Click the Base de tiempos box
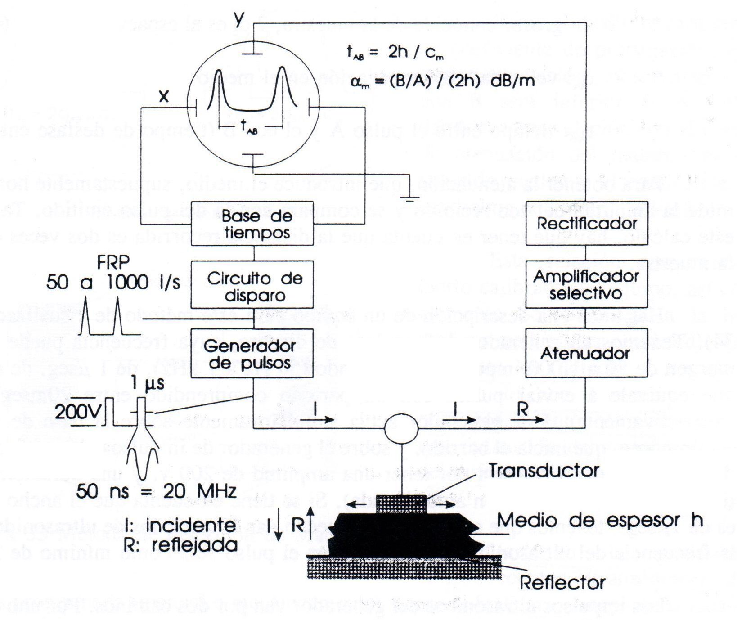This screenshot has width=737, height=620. click(252, 224)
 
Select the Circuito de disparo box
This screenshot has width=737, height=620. click(252, 286)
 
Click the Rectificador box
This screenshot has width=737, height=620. click(587, 224)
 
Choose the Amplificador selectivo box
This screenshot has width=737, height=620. click(587, 284)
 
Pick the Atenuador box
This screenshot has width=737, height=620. click(587, 354)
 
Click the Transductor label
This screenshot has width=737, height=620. click(544, 471)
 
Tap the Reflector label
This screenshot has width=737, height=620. click(562, 583)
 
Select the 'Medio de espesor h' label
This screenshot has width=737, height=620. click(599, 521)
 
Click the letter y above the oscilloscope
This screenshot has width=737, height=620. click(240, 19)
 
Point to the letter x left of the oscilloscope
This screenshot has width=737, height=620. click(164, 96)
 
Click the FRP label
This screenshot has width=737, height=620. click(113, 262)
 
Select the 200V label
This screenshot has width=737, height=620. click(75, 412)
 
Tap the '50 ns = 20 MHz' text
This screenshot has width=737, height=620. click(156, 491)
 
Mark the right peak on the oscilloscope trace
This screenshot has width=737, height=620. click(282, 72)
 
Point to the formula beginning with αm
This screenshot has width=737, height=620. click(442, 81)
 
